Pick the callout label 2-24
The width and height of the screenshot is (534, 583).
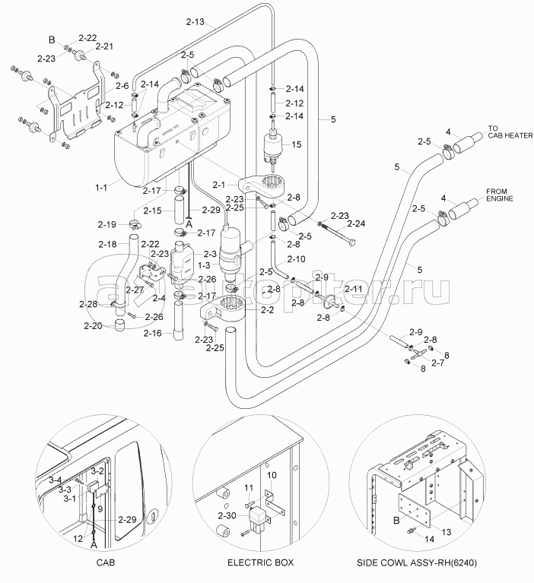click(x=356, y=223)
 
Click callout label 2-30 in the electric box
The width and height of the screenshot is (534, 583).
click(x=227, y=516)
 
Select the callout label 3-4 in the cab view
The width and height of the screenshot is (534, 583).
click(x=55, y=480)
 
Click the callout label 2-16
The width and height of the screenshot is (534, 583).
click(x=153, y=333)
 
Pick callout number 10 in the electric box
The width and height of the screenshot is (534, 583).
click(x=271, y=475)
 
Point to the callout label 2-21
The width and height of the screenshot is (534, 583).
click(x=103, y=47)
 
